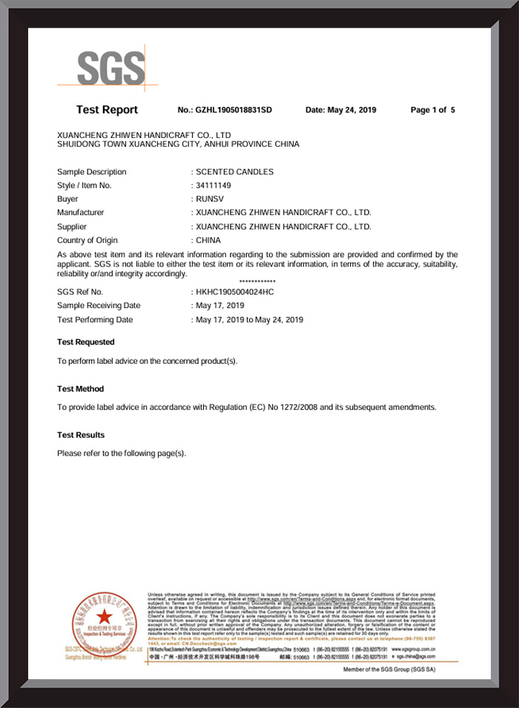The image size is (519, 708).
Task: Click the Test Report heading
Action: [x=107, y=110]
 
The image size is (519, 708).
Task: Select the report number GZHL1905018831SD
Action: [x=234, y=110]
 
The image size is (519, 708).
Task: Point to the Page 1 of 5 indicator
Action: [x=433, y=110]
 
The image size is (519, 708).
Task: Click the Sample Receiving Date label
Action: [x=99, y=305]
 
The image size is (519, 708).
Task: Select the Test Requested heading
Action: [x=86, y=342]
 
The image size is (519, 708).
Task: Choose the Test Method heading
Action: [x=81, y=389]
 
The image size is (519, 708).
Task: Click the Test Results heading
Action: [x=81, y=435]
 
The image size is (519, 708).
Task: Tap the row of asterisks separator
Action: [x=258, y=282]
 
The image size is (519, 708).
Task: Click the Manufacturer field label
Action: [x=80, y=213]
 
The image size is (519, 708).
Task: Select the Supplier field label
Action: [x=72, y=226]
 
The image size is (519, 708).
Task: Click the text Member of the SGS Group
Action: [x=389, y=669]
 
